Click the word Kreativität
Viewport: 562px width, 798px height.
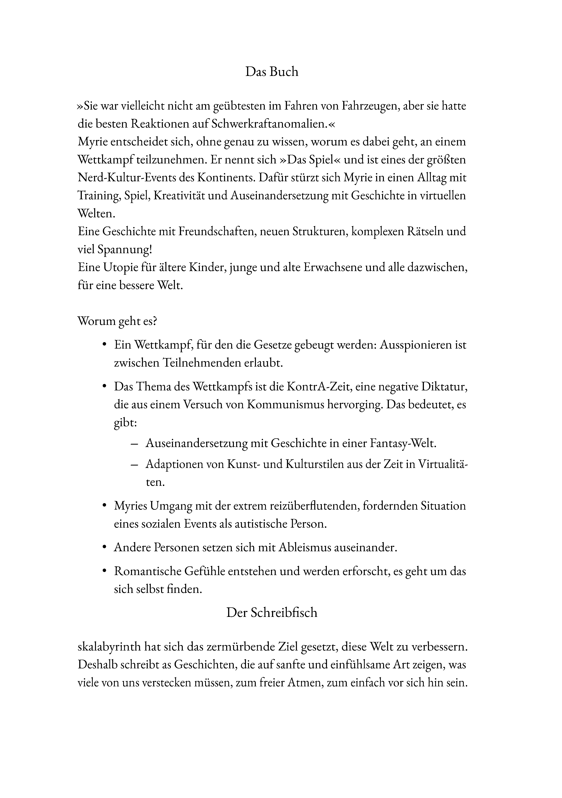(x=190, y=196)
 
